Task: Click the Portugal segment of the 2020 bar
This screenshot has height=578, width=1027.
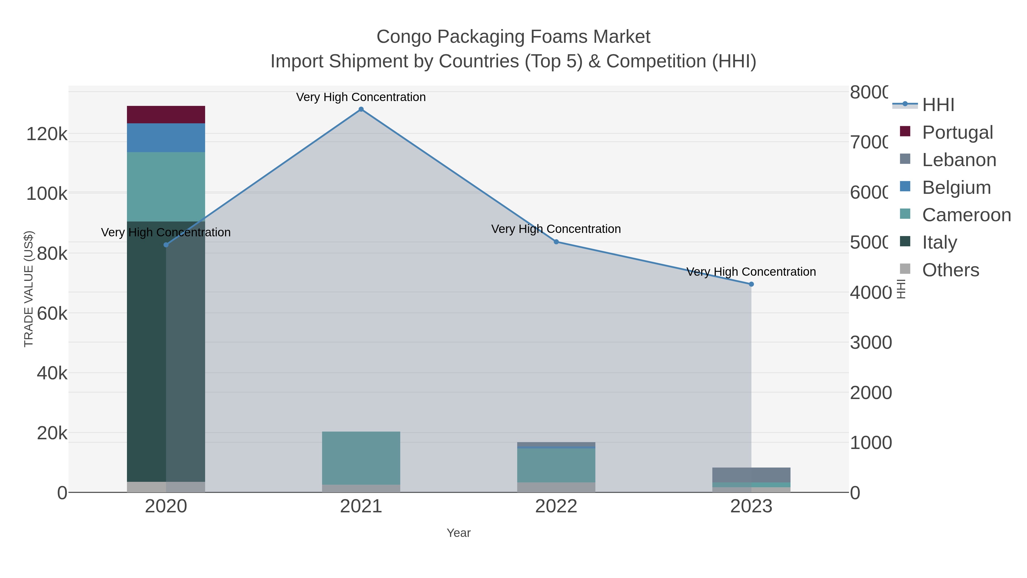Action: (166, 114)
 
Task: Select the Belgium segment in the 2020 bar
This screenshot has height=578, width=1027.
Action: (166, 138)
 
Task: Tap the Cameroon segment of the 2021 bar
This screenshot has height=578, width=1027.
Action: (361, 458)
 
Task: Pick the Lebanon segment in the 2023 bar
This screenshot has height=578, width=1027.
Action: (751, 475)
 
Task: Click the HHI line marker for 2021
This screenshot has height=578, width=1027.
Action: (361, 109)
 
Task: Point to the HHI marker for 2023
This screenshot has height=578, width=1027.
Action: (751, 284)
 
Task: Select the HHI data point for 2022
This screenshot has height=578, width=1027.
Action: (556, 242)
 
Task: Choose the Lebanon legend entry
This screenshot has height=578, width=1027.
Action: (959, 160)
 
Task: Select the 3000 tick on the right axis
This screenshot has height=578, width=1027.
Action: (871, 343)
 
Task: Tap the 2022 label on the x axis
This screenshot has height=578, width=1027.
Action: (556, 507)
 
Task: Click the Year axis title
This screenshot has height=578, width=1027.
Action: (458, 533)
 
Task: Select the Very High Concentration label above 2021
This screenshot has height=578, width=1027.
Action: (361, 97)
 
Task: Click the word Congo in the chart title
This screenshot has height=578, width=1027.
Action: (404, 37)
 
